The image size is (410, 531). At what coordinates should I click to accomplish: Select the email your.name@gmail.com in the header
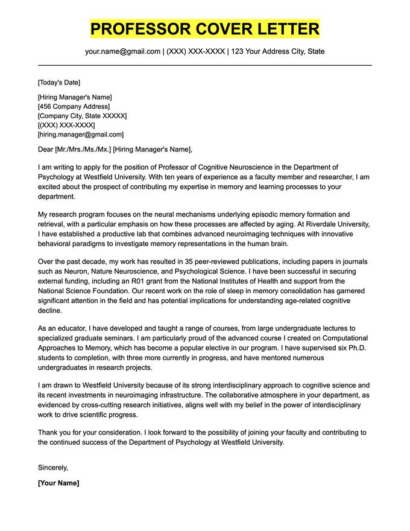point(122,51)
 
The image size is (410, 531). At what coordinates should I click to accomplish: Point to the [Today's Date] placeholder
point(58,83)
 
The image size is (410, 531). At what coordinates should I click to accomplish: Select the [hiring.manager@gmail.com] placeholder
point(80,135)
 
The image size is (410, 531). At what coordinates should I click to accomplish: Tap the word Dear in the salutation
point(45,150)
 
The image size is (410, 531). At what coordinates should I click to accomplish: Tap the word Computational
point(346,338)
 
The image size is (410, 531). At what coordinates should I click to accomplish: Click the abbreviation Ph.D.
point(356,348)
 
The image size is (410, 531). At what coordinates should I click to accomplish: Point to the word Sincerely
point(53,467)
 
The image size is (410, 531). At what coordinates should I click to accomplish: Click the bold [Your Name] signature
point(58,483)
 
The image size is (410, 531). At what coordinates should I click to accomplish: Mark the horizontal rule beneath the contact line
point(205,65)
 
